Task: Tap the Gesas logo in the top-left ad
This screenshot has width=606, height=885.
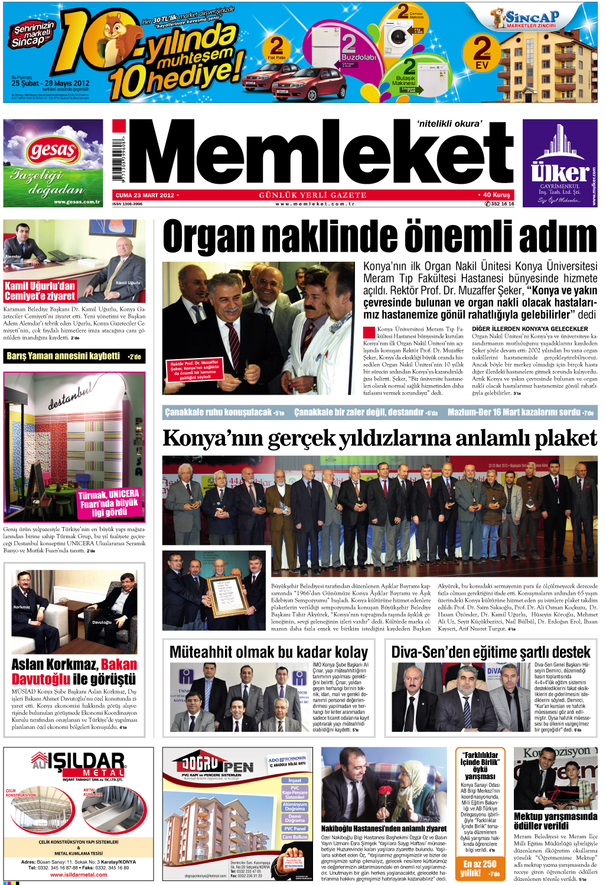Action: click(53, 151)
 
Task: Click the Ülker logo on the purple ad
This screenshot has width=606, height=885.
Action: click(559, 172)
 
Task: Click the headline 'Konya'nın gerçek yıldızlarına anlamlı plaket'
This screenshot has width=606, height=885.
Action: click(379, 438)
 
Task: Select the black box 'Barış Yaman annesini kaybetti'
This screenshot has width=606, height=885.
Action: click(74, 356)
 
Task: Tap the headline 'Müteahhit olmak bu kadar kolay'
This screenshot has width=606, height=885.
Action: click(269, 652)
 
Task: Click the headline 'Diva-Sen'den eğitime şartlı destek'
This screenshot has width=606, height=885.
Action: click(491, 652)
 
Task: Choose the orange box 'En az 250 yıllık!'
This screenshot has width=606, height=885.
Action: click(480, 868)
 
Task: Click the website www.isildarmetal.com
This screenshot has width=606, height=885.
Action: click(79, 875)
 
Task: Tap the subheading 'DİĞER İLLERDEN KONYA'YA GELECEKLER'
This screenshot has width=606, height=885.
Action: click(530, 328)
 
